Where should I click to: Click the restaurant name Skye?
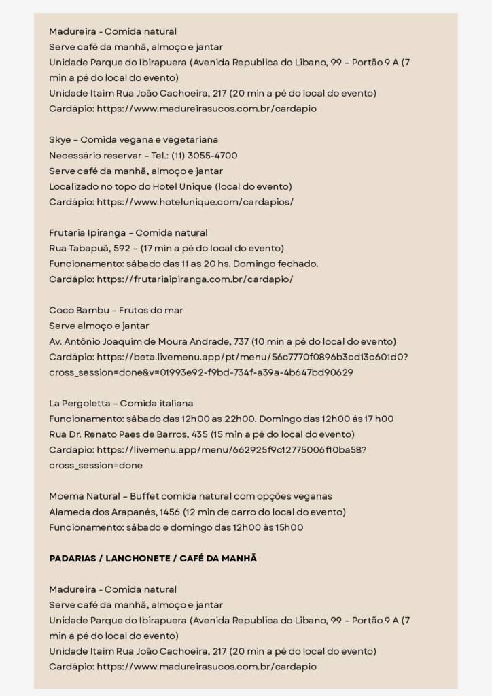tap(59, 140)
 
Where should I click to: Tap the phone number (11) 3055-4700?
tap(204, 156)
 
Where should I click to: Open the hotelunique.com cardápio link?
tap(195, 202)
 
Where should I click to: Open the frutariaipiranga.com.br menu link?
tap(195, 279)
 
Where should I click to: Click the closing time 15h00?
tap(288, 528)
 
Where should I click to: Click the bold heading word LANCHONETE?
tap(137, 559)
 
